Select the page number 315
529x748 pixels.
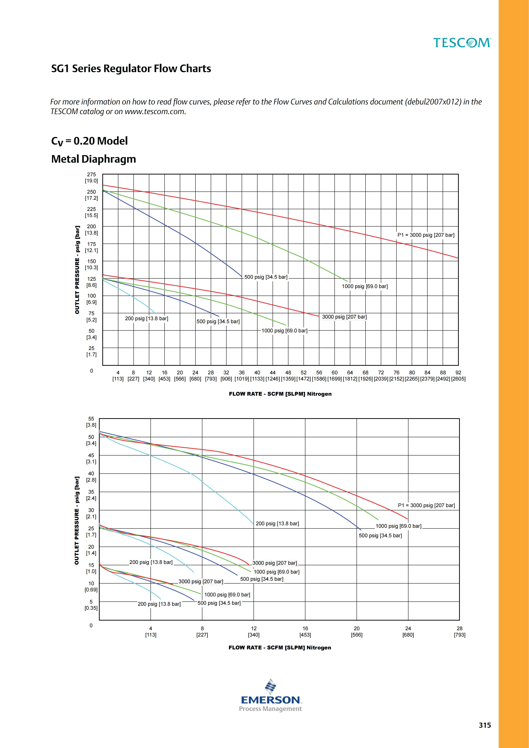tap(485, 725)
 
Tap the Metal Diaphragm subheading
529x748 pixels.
tap(93, 159)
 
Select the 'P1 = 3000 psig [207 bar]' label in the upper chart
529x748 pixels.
tap(426, 235)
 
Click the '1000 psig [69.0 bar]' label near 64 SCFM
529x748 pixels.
tap(365, 286)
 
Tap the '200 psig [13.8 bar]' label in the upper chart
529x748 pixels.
tap(147, 318)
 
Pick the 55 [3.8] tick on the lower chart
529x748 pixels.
tap(91, 422)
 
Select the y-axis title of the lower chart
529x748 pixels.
tap(77, 521)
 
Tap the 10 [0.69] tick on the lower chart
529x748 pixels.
tap(91, 586)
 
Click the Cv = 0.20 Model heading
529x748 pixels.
tap(89, 141)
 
